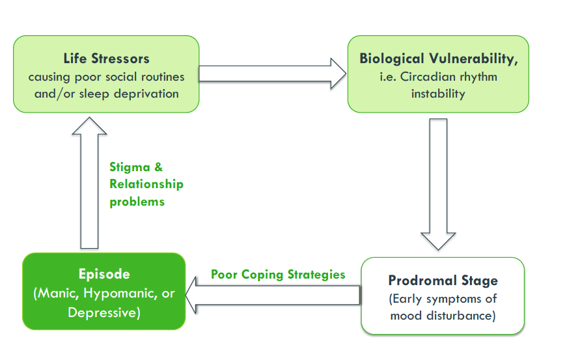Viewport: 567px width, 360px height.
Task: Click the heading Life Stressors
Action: click(x=106, y=59)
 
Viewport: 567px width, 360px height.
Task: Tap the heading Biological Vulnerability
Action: click(x=438, y=59)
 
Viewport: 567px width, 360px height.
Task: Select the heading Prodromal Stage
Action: click(x=443, y=281)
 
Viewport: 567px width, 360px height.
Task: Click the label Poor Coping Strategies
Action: click(x=278, y=275)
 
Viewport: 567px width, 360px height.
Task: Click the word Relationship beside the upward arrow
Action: click(x=146, y=184)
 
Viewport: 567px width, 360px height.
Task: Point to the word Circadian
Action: click(x=426, y=77)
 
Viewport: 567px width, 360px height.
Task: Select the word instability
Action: click(x=438, y=94)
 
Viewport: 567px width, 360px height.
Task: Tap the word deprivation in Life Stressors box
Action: click(x=146, y=94)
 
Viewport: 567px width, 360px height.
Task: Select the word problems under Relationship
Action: click(x=137, y=202)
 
